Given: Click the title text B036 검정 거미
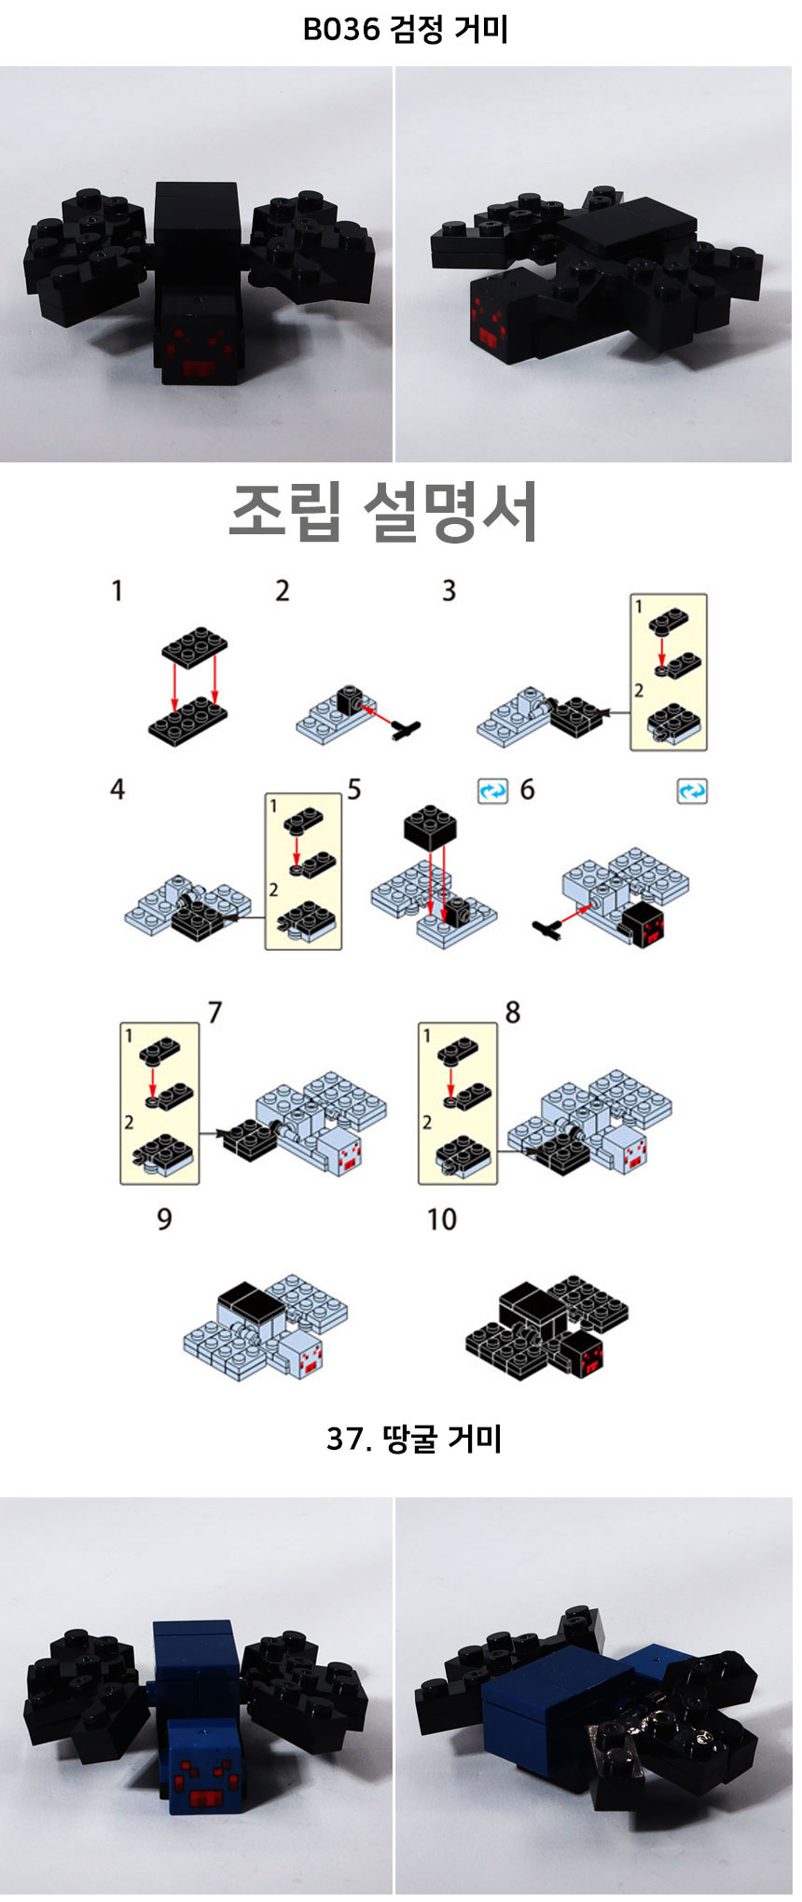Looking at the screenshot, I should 406,30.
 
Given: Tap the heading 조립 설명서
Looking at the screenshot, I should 383,513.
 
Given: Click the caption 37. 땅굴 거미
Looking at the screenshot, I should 414,1439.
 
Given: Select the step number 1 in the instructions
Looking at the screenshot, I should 117,591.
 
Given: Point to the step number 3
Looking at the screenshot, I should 449,591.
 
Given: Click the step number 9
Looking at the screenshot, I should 164,1220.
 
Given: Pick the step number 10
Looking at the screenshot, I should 441,1220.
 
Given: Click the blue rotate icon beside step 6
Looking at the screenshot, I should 691,792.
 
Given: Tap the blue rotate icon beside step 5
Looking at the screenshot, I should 492,792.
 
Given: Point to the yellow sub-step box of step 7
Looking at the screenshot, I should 159,1103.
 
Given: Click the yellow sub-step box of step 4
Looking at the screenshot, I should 303,872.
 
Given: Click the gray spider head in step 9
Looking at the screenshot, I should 304,1354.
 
